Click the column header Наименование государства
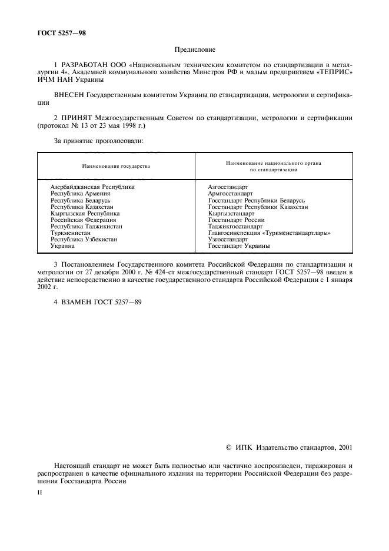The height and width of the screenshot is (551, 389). coord(115,166)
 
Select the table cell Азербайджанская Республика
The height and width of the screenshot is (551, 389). coord(92,187)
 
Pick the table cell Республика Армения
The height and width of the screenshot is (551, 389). coord(80,193)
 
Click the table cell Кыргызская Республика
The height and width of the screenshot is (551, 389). coord(85,213)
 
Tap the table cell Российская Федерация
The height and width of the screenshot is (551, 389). coord(83,220)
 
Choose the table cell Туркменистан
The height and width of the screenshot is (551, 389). coord(71,233)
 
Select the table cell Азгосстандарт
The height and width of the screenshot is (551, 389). coord(228,187)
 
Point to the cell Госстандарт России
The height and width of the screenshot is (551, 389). coord(236,220)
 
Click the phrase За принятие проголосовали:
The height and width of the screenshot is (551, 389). coord(90,142)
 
